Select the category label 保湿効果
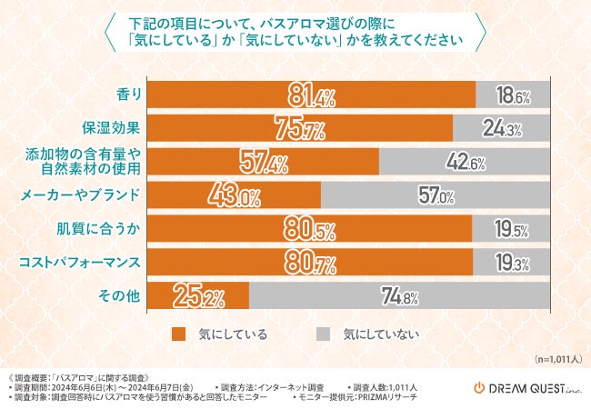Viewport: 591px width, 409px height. (114, 127)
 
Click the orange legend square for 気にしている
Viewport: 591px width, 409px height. (178, 334)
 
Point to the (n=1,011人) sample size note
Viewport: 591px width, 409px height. (558, 360)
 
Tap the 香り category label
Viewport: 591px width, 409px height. (128, 94)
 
